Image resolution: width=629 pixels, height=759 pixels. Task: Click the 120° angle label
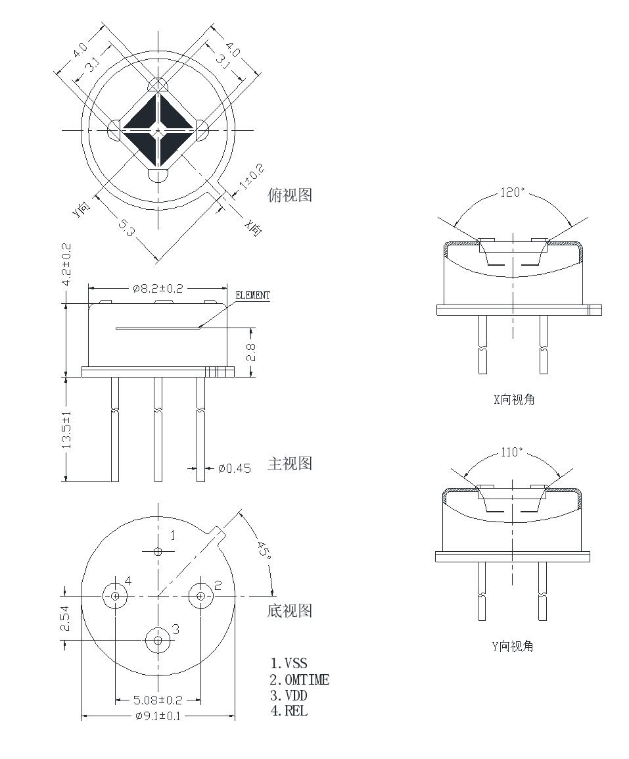pyautogui.click(x=513, y=193)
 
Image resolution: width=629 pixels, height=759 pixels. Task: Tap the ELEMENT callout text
pyautogui.click(x=252, y=295)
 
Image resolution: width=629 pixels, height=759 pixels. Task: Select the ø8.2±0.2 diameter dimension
pyautogui.click(x=157, y=288)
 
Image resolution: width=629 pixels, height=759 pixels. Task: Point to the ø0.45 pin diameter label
pyautogui.click(x=235, y=468)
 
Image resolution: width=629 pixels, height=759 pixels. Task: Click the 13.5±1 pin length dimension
pyautogui.click(x=67, y=429)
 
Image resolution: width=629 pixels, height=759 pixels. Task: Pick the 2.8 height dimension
pyautogui.click(x=250, y=353)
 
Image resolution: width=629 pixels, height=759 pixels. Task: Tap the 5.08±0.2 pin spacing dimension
pyautogui.click(x=158, y=700)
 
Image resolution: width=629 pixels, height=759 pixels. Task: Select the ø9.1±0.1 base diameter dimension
pyautogui.click(x=157, y=716)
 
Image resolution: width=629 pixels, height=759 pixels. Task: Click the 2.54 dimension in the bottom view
pyautogui.click(x=65, y=618)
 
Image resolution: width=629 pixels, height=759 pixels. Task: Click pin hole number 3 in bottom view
pyautogui.click(x=157, y=639)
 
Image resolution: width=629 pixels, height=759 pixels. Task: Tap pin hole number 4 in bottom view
pyautogui.click(x=115, y=596)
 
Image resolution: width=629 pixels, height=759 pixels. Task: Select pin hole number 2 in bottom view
pyautogui.click(x=200, y=596)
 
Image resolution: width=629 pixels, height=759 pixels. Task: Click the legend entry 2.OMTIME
pyautogui.click(x=300, y=680)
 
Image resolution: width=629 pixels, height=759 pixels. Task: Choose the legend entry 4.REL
pyautogui.click(x=289, y=710)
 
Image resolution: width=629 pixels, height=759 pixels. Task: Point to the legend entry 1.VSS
pyautogui.click(x=289, y=664)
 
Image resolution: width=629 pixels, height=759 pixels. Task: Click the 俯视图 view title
pyautogui.click(x=290, y=195)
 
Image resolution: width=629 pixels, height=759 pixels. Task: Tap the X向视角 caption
pyautogui.click(x=513, y=399)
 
